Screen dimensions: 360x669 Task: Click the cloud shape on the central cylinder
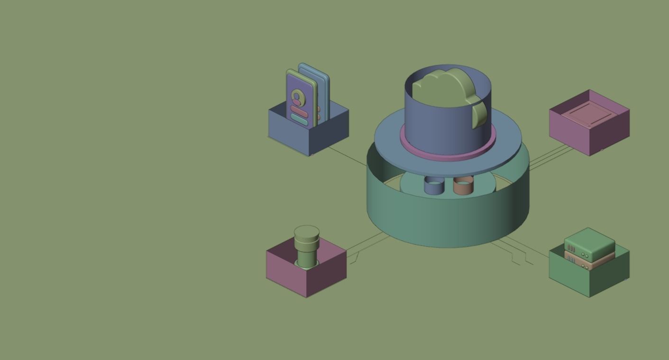coord(443,88)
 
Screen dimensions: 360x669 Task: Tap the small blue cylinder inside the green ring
coord(434,186)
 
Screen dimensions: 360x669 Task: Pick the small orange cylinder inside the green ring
coord(463,186)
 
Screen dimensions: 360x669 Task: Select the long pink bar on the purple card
coord(299,111)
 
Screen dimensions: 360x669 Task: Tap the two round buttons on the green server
coord(586,256)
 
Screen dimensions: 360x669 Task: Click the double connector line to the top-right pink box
coord(550,156)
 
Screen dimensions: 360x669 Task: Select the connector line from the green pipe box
coord(367,243)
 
